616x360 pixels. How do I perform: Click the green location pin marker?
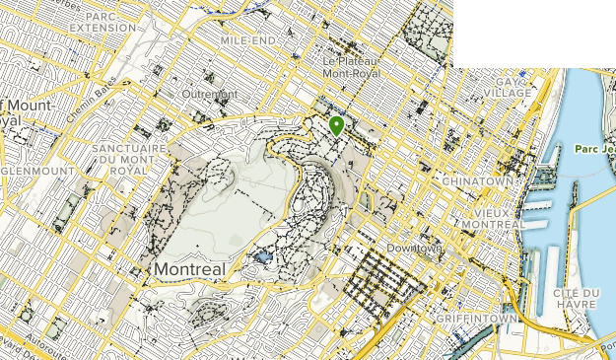pyautogui.click(x=337, y=125)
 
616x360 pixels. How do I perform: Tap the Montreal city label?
pyautogui.click(x=189, y=269)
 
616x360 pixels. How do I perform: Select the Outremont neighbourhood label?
pyautogui.click(x=209, y=95)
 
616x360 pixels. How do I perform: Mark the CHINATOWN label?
pyautogui.click(x=479, y=181)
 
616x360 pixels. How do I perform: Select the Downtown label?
pyautogui.click(x=414, y=249)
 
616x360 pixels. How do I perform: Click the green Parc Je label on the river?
pyautogui.click(x=592, y=150)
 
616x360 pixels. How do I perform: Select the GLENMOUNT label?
pyautogui.click(x=37, y=171)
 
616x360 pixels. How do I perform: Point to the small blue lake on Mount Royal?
pyautogui.click(x=261, y=256)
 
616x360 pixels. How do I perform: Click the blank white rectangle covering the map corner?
pyautogui.click(x=533, y=33)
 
